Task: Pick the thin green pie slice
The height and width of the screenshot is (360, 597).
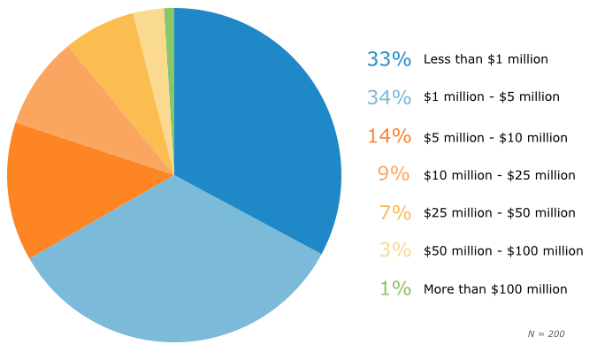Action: point(170,35)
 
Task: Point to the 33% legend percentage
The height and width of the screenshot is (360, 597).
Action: point(389,59)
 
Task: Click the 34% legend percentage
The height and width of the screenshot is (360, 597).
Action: point(389,97)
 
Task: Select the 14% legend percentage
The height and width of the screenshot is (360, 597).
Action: point(389,136)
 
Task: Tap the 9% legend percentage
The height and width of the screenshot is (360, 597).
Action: point(394,174)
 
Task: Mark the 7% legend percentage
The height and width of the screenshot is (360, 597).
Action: point(394,212)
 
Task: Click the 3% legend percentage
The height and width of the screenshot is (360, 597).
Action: point(394,250)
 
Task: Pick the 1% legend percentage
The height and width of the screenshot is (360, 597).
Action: point(394,288)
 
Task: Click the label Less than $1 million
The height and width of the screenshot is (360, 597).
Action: point(486,59)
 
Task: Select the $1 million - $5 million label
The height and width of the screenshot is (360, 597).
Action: point(492,97)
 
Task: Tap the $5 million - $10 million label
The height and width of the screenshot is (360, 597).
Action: point(495,137)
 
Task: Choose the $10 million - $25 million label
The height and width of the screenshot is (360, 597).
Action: point(500,175)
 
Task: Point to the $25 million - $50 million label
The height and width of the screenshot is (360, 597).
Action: point(500,213)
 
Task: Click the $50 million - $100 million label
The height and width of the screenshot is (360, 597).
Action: point(503,251)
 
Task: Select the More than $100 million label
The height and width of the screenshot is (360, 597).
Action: point(495,289)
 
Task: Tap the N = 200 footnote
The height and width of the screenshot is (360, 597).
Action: point(546,333)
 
